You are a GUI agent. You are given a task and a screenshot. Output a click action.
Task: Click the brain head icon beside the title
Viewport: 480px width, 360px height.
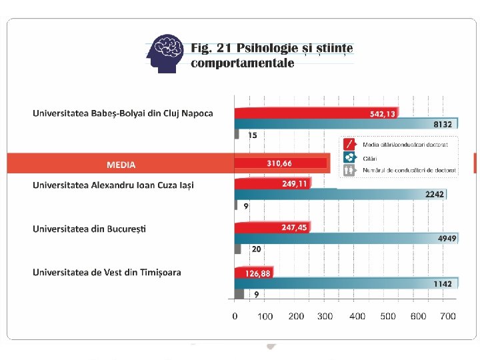click(x=165, y=53)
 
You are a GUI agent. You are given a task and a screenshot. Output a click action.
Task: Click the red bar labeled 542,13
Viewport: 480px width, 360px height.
click(x=317, y=113)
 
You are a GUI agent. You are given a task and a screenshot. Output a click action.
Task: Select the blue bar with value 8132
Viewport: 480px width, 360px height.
click(x=346, y=124)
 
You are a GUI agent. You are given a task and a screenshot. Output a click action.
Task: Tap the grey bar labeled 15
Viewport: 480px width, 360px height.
click(x=237, y=134)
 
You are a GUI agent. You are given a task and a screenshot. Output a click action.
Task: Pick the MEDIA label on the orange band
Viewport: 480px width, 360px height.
click(x=121, y=165)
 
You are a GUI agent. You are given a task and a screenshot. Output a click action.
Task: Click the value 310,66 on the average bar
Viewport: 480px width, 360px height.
click(x=279, y=163)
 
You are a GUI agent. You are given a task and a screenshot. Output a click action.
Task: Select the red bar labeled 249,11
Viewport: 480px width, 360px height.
click(x=273, y=183)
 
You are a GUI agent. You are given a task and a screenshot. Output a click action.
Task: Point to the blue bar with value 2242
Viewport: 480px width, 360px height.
click(x=341, y=195)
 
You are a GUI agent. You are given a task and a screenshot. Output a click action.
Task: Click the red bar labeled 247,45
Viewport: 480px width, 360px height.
click(x=273, y=227)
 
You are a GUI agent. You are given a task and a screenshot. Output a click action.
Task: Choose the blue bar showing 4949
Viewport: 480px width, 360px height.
click(x=346, y=239)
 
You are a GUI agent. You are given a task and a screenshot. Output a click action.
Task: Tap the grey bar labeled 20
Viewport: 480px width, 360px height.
click(x=237, y=249)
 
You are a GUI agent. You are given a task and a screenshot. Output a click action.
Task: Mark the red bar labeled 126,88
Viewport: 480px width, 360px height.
click(x=254, y=273)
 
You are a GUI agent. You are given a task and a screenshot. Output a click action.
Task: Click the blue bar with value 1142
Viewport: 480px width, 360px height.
click(x=346, y=283)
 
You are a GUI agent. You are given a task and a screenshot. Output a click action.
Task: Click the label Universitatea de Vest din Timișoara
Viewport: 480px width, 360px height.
click(x=107, y=273)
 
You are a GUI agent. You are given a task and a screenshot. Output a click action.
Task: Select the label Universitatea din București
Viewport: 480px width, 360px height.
click(x=89, y=229)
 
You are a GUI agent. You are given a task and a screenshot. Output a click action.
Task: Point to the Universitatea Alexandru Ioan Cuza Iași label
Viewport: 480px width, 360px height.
click(x=113, y=185)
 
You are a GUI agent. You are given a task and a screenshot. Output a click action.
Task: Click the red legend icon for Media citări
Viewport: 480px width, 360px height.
click(x=349, y=145)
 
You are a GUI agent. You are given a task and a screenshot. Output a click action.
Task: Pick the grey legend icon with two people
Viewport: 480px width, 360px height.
click(x=349, y=170)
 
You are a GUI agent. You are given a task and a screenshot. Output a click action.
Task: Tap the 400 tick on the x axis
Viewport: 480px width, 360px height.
click(x=357, y=316)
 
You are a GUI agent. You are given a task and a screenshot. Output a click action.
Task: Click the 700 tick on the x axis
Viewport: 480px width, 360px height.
click(x=448, y=316)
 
